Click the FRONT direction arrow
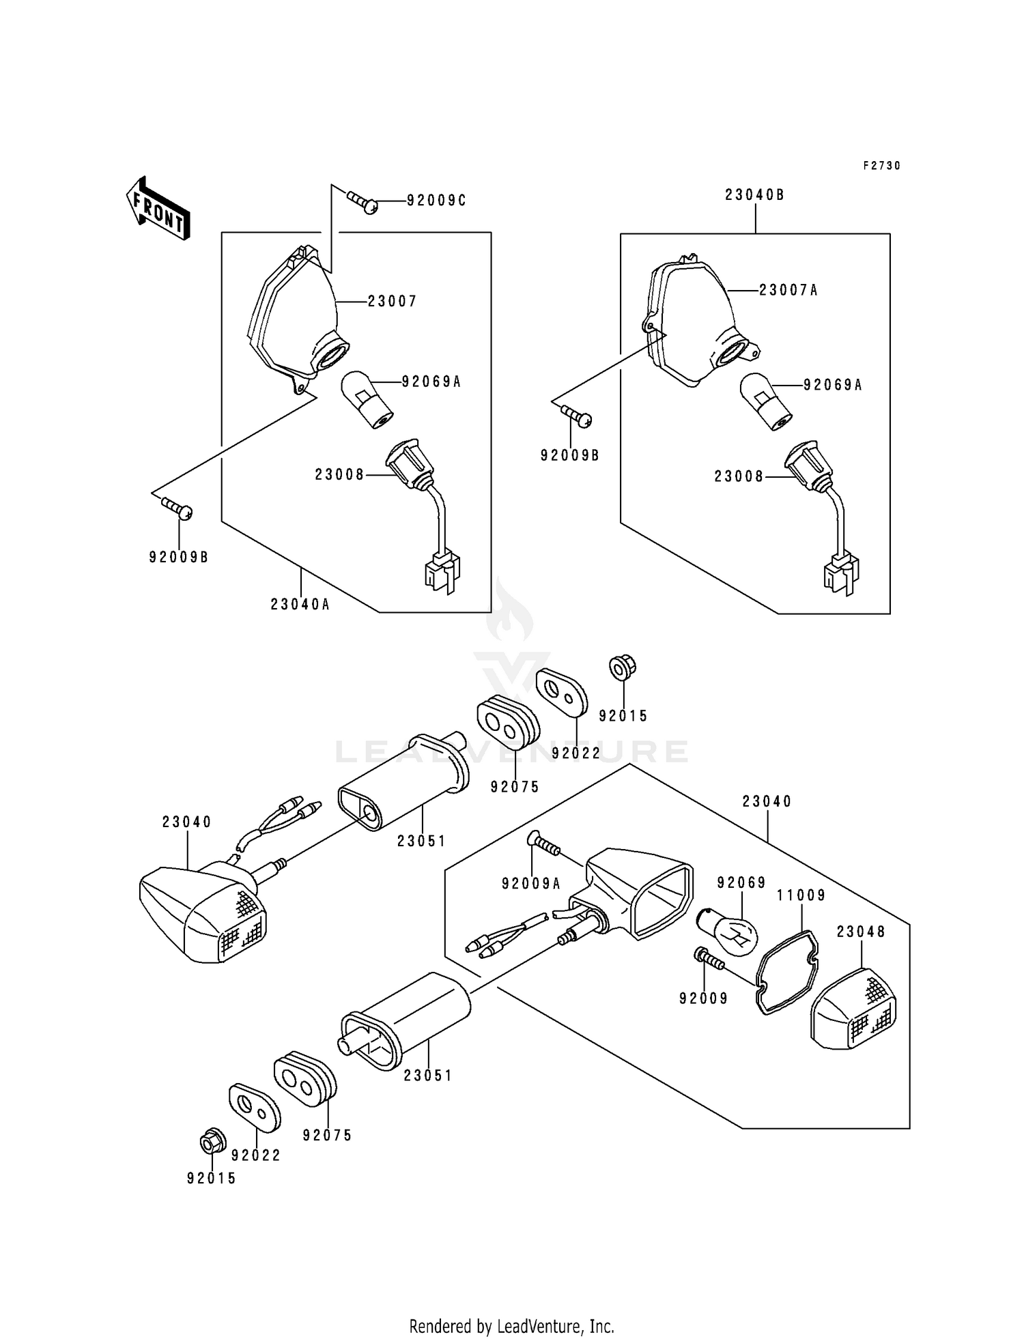[x=158, y=208]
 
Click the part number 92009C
[x=437, y=201]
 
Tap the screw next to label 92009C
[x=362, y=201]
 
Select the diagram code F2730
[x=881, y=166]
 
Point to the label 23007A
[x=788, y=291]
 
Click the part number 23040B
[x=755, y=195]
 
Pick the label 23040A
[x=300, y=605]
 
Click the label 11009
[x=801, y=895]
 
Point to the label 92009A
[x=531, y=884]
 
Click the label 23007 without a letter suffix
[x=392, y=301]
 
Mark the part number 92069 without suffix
[x=741, y=883]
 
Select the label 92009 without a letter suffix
[x=703, y=998]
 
